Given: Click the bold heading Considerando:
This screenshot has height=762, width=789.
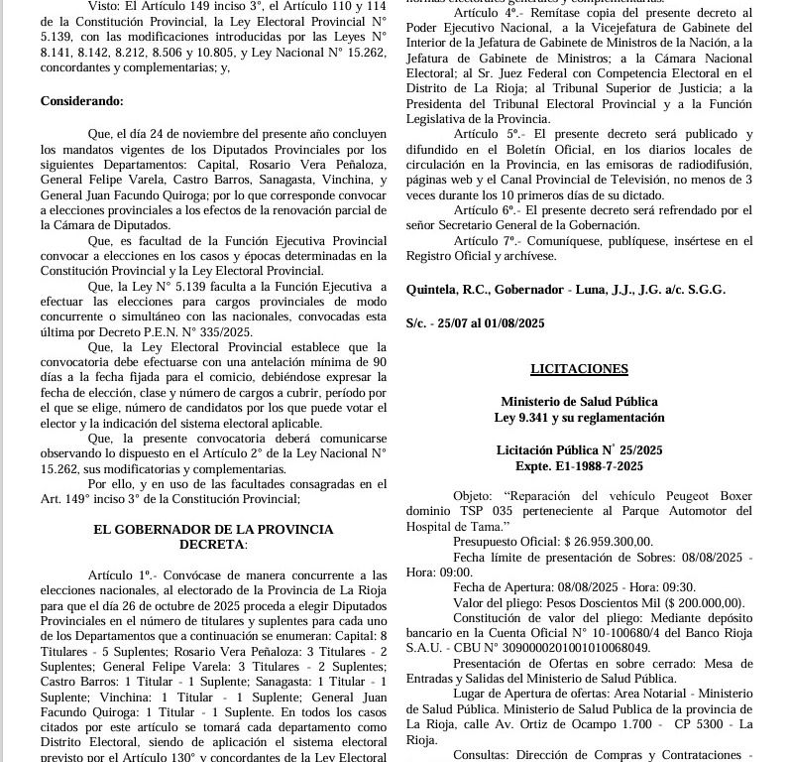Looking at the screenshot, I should (82, 101).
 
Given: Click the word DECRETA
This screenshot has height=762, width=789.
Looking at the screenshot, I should (211, 545).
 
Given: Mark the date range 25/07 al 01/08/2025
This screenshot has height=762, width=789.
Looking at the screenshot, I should (491, 323).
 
